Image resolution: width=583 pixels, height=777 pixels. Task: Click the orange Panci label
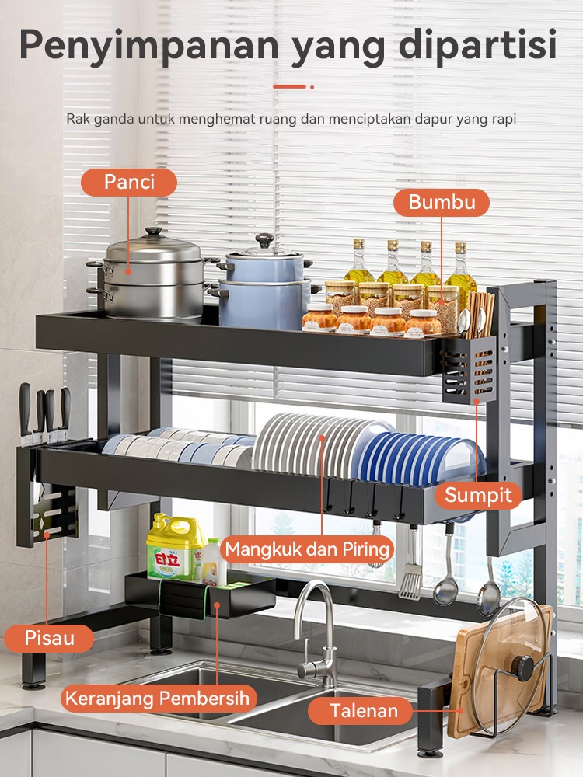click(x=129, y=183)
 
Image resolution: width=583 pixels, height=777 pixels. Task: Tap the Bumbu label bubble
click(x=442, y=202)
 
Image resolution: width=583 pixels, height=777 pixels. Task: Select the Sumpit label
click(x=478, y=495)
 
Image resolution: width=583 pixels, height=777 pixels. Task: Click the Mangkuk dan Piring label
click(x=307, y=549)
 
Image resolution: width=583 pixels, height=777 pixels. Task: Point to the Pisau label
click(x=49, y=638)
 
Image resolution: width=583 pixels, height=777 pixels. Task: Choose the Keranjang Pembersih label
click(x=158, y=699)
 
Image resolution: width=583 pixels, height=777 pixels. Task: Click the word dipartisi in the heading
click(x=477, y=46)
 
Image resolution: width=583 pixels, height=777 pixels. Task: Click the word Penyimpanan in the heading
click(x=149, y=46)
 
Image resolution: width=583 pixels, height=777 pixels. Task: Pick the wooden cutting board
click(x=501, y=671)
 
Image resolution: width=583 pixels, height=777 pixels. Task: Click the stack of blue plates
click(x=419, y=458)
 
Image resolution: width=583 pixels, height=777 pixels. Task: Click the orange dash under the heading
click(x=289, y=87)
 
